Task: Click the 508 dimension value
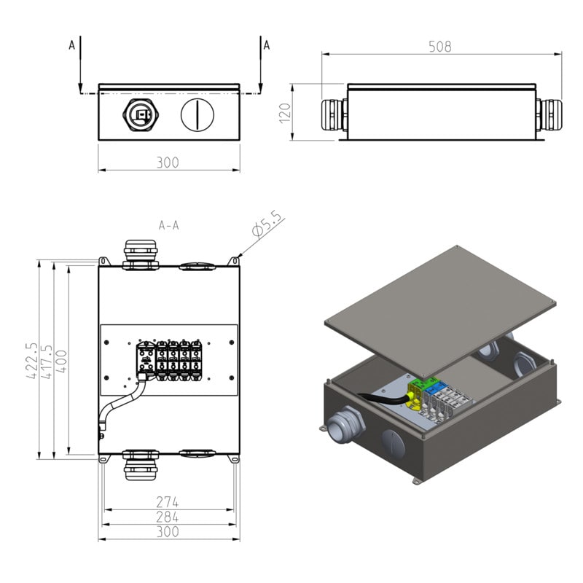[440, 46]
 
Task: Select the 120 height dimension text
[285, 112]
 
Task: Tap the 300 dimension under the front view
[168, 162]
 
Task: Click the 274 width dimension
[168, 502]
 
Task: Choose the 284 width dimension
[168, 517]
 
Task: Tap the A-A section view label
[168, 226]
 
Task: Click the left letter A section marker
[71, 44]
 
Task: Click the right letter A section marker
[266, 44]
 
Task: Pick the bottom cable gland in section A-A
[139, 464]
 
